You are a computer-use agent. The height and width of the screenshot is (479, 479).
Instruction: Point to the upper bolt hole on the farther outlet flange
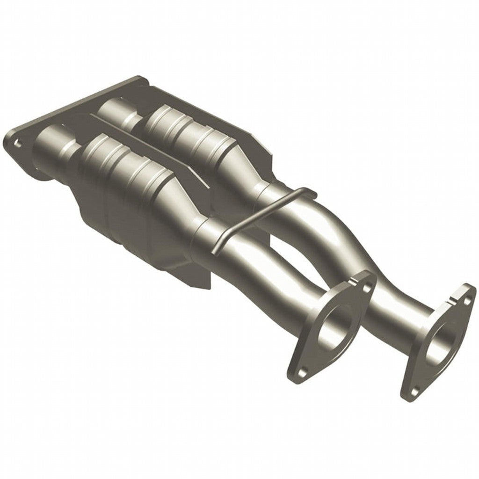point(468,300)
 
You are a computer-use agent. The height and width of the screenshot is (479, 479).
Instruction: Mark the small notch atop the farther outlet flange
point(456,297)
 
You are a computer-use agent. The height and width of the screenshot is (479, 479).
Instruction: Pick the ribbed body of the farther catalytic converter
point(187,133)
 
